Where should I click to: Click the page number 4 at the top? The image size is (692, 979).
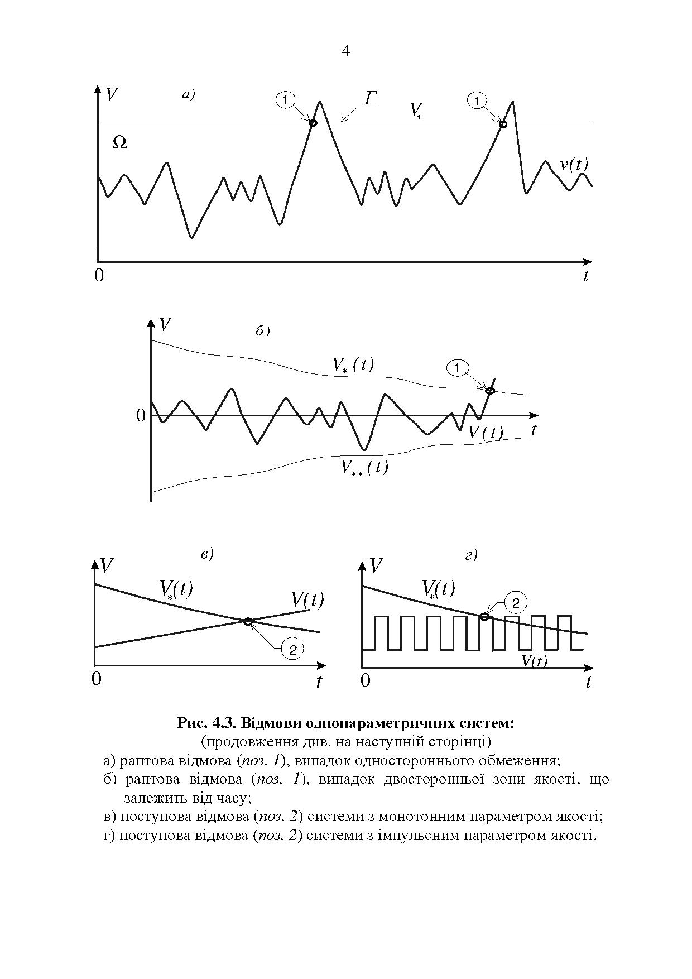pos(345,51)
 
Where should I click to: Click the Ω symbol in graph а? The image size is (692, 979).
pos(119,143)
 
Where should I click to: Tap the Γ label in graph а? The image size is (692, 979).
pos(371,99)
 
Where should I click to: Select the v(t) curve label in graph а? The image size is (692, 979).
pos(574,165)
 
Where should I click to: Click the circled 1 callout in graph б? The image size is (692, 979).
pos(457,368)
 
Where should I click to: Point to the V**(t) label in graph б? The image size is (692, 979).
pos(364,467)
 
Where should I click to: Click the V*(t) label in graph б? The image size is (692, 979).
pos(353,365)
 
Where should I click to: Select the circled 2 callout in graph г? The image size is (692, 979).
pos(516,603)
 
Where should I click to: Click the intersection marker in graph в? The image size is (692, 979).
pos(248,621)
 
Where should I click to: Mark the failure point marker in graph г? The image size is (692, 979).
pos(484,616)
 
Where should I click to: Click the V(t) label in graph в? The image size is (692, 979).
pos(307,600)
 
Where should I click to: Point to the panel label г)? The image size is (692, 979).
pos(470,555)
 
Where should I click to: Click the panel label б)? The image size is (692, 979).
pos(262,332)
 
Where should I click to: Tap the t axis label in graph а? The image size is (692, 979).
pos(585,276)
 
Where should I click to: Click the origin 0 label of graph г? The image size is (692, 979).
pos(366,681)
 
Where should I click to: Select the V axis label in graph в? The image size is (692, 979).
pos(106,566)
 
